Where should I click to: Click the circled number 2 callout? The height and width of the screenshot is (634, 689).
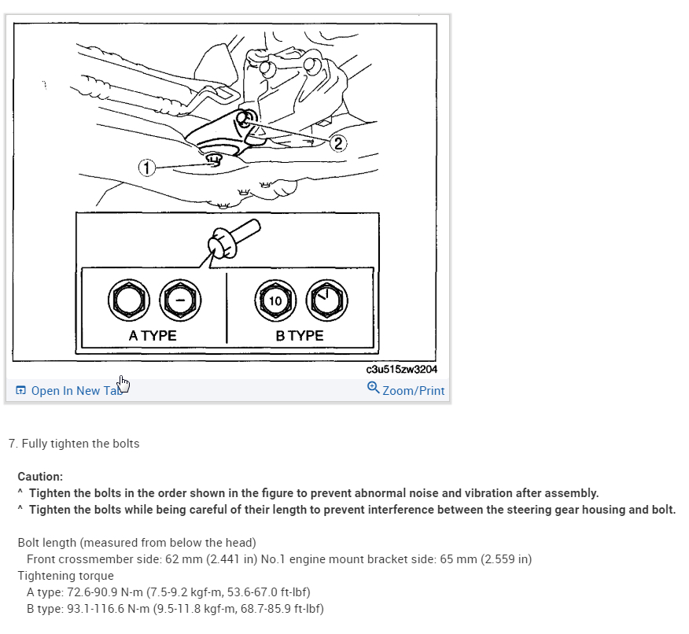click(337, 142)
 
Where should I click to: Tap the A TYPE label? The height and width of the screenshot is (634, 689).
click(152, 335)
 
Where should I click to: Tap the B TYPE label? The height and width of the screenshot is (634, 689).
click(299, 335)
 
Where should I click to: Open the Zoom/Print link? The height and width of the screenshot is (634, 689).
click(413, 390)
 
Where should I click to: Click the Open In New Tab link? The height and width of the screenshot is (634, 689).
click(76, 390)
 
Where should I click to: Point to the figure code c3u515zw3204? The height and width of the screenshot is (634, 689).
click(402, 369)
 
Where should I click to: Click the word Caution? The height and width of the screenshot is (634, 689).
click(40, 477)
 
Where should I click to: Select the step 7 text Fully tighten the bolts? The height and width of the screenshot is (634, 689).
click(80, 444)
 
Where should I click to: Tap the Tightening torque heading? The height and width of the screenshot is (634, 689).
click(65, 576)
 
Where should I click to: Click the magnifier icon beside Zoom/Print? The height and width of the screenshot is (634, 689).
click(374, 388)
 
